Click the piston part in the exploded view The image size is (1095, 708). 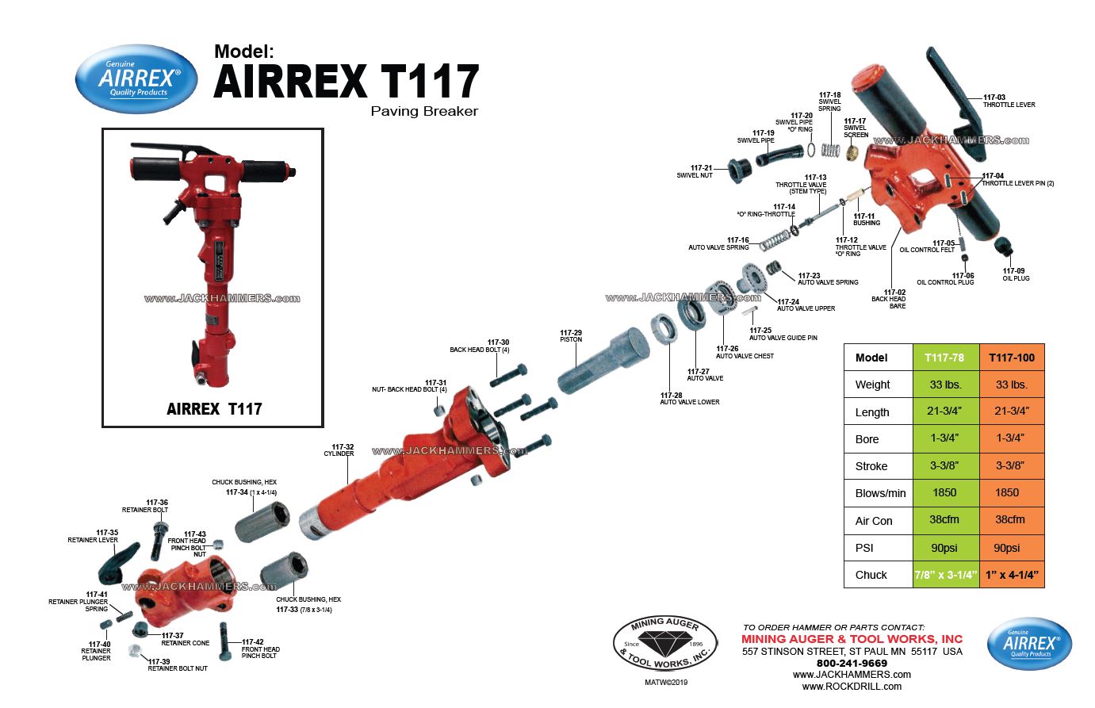point(603,361)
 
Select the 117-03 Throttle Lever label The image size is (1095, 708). point(1009,101)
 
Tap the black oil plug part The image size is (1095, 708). point(1004,246)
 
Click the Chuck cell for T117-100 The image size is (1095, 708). point(1012,575)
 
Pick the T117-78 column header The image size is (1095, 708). point(944,358)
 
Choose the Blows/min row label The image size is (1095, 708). point(880,493)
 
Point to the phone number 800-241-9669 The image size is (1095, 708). point(852,664)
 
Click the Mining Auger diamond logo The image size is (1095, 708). point(664,643)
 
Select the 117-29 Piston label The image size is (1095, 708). point(571,336)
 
